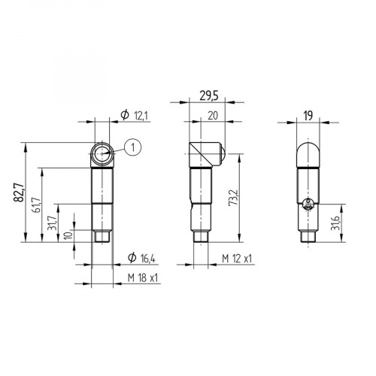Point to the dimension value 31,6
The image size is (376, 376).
[335, 223]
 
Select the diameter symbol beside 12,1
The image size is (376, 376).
[124, 114]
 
